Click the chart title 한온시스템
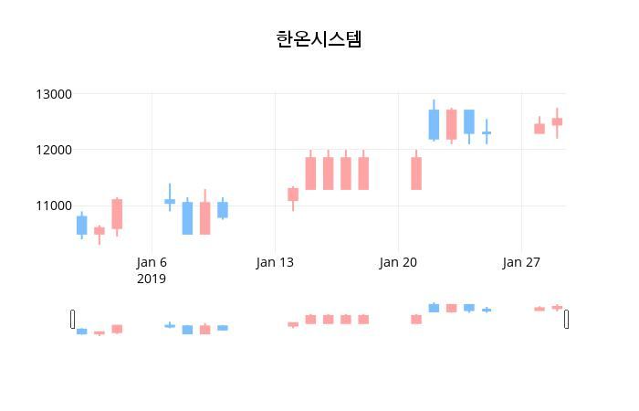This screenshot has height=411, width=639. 319,39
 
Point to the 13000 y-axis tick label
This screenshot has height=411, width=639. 54,94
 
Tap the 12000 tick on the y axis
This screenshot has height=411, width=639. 54,150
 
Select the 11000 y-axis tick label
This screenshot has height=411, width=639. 54,206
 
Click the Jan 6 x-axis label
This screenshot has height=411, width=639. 152,262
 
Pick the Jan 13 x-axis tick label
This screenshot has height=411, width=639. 275,262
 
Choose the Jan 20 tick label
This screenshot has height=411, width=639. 398,262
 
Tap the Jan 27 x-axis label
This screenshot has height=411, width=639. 520,262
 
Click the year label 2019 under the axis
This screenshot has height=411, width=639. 152,279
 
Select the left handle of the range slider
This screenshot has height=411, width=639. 73,319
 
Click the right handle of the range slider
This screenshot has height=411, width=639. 567,319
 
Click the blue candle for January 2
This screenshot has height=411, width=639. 81,226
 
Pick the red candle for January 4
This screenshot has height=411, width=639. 117,214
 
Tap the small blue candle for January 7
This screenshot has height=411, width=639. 170,201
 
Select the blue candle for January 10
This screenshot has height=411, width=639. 223,210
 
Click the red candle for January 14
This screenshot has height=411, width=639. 293,195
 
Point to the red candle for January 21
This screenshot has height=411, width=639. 416,174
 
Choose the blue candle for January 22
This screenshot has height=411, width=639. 434,124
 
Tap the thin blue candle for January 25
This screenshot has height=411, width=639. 487,133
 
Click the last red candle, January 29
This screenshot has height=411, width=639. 557,121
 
